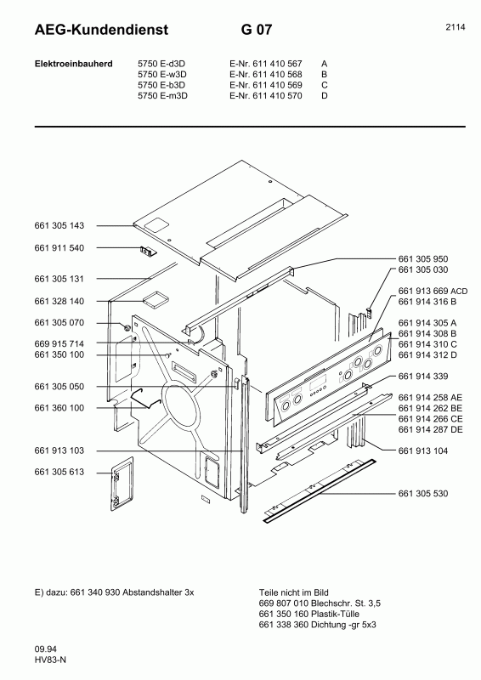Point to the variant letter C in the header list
(x=325, y=84)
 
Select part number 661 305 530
(x=422, y=493)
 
